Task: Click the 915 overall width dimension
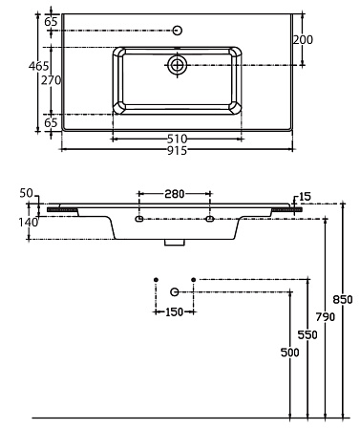tap(177, 150)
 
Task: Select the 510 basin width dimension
tap(177, 139)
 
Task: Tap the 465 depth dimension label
tap(39, 66)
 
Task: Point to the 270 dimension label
tap(51, 80)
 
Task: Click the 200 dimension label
tap(303, 40)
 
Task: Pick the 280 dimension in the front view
tap(175, 194)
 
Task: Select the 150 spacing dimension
tap(175, 311)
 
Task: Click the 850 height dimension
tap(343, 299)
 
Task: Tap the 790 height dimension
tap(326, 317)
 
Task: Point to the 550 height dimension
tap(307, 334)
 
